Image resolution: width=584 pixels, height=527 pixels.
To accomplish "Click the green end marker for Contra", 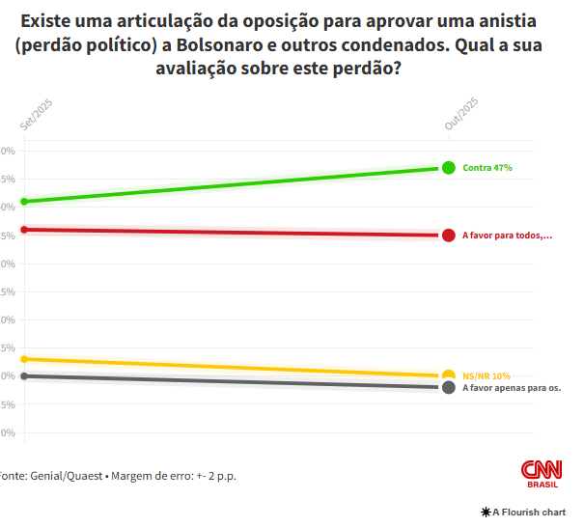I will point(448,168).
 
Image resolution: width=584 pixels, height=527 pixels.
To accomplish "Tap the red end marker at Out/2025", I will point(448,236).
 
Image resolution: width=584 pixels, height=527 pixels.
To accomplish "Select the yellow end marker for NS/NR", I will point(448,376).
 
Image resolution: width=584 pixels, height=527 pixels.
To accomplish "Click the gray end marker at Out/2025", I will point(448,387).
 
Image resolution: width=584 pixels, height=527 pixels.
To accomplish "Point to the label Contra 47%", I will point(487,168).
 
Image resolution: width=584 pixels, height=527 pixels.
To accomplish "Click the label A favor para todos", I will point(508,236).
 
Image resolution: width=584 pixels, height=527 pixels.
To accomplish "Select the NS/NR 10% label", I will point(487,376).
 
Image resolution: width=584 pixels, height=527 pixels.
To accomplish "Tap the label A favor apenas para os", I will point(512,387).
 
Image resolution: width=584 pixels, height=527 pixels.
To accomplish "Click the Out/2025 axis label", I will point(460,115).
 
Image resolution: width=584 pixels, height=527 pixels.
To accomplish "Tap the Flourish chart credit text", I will point(528,512).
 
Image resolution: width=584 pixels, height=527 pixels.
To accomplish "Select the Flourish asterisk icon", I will point(486,512).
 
